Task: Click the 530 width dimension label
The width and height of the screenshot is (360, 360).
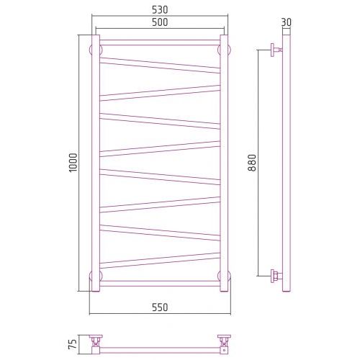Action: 160,10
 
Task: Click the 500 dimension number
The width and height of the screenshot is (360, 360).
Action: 160,22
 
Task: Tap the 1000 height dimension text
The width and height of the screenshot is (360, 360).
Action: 73,163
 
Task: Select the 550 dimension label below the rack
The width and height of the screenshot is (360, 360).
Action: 160,307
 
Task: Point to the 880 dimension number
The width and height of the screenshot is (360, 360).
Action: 252,163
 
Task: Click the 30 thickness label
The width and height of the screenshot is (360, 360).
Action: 286,22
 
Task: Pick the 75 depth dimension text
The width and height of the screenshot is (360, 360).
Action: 73,343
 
